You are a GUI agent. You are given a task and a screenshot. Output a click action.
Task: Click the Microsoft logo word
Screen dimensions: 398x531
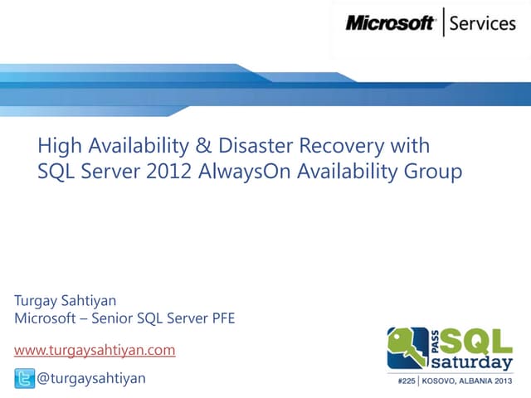(x=390, y=23)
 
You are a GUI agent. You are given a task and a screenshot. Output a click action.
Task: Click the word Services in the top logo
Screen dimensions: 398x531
(x=483, y=23)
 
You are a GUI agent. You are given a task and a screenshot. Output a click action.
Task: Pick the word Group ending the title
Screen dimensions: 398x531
(x=435, y=172)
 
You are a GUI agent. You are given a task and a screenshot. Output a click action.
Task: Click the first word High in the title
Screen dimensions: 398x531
(x=56, y=147)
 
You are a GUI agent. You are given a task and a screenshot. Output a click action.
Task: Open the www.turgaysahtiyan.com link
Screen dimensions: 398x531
(x=95, y=350)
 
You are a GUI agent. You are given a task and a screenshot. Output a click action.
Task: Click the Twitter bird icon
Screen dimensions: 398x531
(x=25, y=379)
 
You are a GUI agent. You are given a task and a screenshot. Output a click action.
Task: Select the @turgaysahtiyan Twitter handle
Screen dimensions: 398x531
(x=91, y=379)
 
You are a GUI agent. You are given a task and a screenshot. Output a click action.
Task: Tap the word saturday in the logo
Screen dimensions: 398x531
(x=475, y=364)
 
